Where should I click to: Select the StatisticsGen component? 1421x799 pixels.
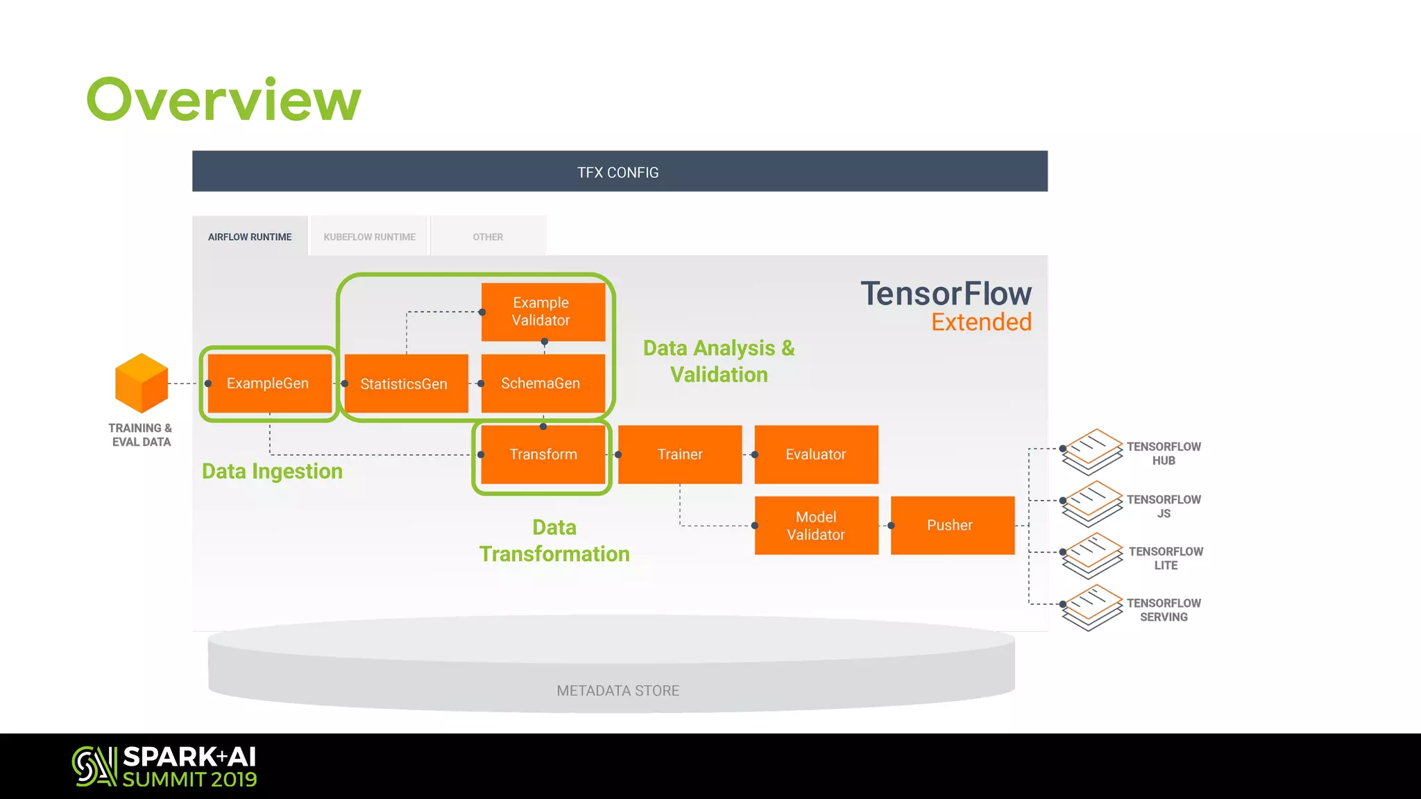tap(406, 384)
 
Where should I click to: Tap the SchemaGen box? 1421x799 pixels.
tap(543, 384)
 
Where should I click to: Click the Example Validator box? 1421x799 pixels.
tap(543, 311)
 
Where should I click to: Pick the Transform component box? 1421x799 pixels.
tap(543, 454)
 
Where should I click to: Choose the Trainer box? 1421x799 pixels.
tap(679, 454)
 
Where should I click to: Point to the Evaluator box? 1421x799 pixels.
tap(816, 454)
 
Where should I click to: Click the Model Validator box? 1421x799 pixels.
tap(816, 525)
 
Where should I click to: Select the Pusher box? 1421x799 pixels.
tap(952, 525)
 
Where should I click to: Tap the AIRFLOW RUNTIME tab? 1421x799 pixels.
tap(250, 237)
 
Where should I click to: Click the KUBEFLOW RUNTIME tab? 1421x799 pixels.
tap(369, 237)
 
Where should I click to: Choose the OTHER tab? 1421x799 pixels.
tap(488, 237)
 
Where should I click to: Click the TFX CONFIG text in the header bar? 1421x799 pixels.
tap(618, 172)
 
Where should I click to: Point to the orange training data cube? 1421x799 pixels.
tap(142, 383)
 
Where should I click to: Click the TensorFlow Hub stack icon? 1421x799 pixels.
tap(1092, 452)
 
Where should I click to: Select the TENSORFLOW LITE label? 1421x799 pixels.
tap(1166, 558)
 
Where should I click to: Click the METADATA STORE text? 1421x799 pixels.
tap(618, 691)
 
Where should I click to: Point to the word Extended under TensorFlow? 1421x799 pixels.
tap(981, 322)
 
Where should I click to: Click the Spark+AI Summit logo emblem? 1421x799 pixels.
tap(94, 766)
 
